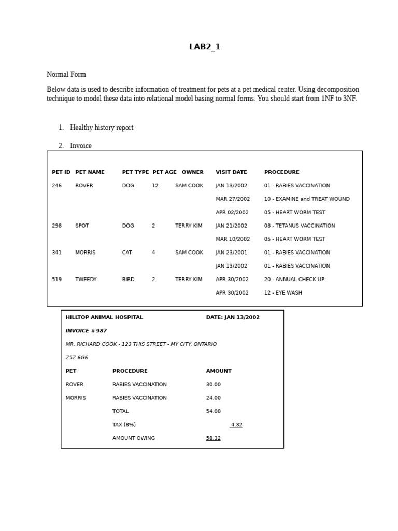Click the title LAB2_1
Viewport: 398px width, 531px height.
(205, 47)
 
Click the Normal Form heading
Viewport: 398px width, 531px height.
(66, 75)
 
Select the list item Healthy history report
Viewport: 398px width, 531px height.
(102, 128)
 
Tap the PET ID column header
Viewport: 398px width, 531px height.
(61, 172)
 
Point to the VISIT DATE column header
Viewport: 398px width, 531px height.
(231, 172)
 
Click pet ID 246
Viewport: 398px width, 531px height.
(56, 186)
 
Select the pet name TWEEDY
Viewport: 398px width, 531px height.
(86, 280)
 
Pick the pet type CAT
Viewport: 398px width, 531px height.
(127, 253)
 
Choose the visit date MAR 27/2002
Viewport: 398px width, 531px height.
(233, 199)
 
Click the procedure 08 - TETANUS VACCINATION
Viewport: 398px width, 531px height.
(300, 226)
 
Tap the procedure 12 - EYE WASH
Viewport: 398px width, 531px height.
(283, 293)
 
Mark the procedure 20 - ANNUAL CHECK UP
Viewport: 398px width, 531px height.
(294, 280)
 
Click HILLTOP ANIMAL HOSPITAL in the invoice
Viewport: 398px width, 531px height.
(104, 317)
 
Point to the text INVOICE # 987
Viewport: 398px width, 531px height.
(86, 331)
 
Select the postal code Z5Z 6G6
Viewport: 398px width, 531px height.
(77, 358)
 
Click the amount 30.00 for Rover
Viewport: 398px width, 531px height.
(213, 385)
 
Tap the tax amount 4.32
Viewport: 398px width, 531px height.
(236, 425)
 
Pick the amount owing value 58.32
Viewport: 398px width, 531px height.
(213, 438)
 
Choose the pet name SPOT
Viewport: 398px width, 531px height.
(82, 226)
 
